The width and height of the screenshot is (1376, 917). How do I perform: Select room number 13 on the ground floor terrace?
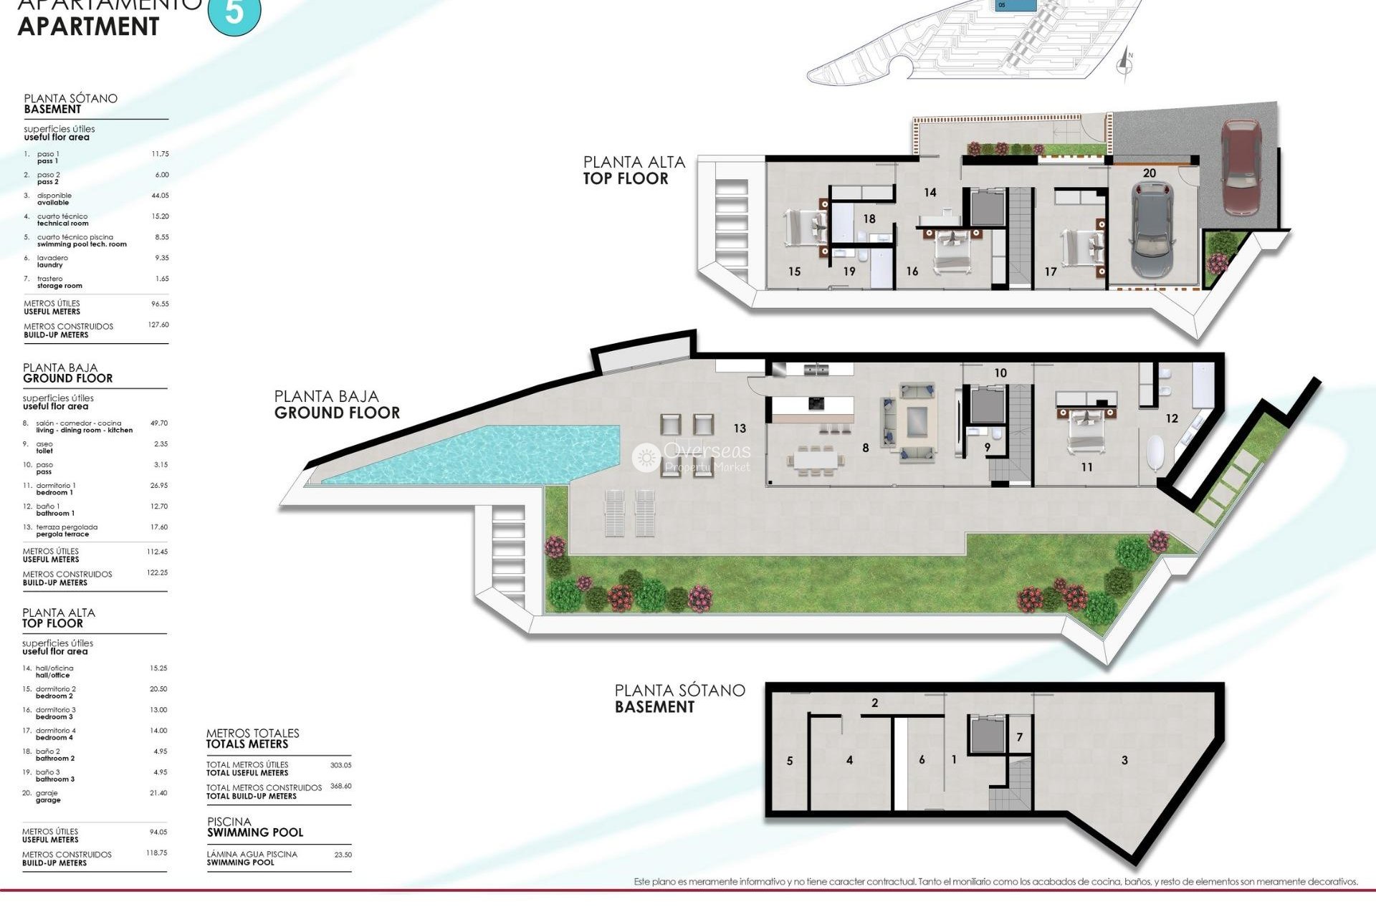pos(740,428)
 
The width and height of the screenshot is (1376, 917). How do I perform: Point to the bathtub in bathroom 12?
pos(1155,451)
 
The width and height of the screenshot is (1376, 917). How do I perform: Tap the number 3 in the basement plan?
pos(1124,760)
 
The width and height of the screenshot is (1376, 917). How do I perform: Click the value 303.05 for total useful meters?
pos(340,765)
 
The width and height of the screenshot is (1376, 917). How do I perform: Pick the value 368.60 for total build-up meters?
pos(340,786)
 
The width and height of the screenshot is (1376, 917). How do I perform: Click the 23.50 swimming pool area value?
pos(343,855)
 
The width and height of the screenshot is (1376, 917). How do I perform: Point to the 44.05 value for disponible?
pos(160,196)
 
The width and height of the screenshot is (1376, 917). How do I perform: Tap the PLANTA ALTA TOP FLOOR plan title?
pos(634,171)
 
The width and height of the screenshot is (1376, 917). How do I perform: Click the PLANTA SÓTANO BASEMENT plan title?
pos(679,698)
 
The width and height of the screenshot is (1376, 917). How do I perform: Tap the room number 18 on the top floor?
pos(869,219)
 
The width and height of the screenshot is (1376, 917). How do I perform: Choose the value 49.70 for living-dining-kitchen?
pos(158,423)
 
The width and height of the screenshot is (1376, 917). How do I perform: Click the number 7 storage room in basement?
pos(1019,737)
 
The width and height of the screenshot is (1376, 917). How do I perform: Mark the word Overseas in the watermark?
pos(707,451)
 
